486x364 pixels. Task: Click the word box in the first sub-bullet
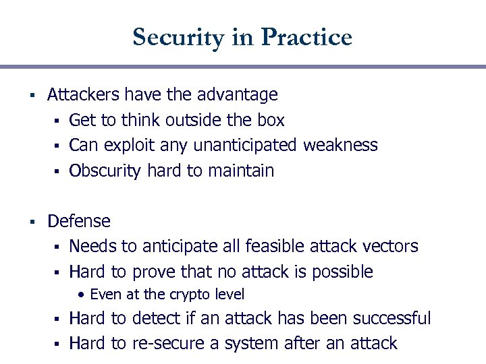270,121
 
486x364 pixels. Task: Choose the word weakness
340,146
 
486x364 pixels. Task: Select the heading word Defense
79,221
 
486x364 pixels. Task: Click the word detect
157,318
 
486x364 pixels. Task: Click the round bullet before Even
81,295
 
